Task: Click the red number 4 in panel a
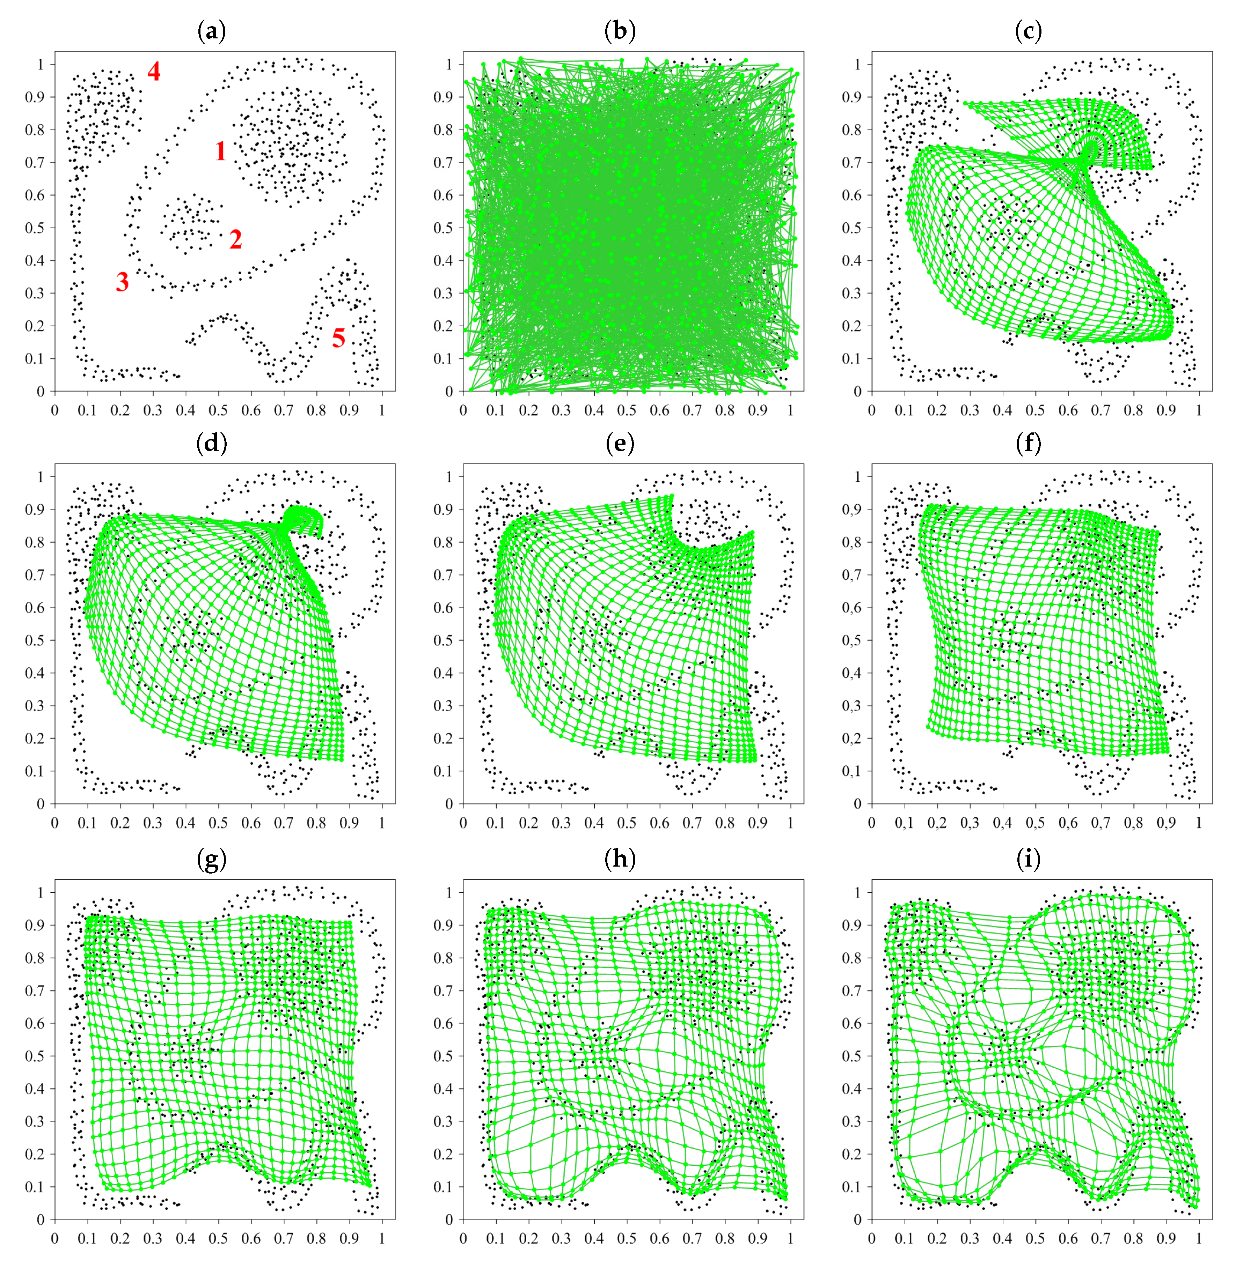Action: click(x=154, y=71)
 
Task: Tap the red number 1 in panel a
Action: click(x=221, y=151)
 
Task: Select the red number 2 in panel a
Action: click(x=236, y=239)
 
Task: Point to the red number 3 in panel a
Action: click(x=122, y=282)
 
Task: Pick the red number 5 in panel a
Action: click(x=338, y=338)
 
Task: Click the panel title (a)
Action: click(x=211, y=30)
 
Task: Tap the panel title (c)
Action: click(x=1028, y=30)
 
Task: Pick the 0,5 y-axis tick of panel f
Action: click(x=852, y=640)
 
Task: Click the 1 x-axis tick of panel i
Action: click(x=1199, y=1239)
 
